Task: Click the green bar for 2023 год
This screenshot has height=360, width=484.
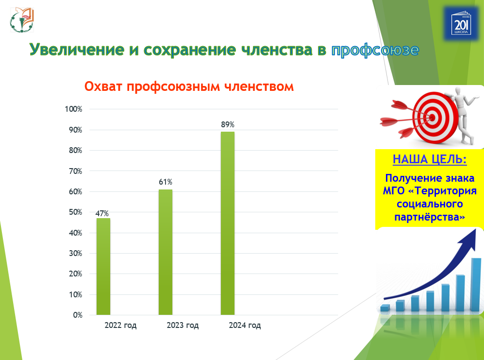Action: click(x=166, y=252)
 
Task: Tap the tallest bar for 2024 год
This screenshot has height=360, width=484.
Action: click(x=228, y=223)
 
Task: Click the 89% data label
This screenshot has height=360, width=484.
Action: click(x=228, y=125)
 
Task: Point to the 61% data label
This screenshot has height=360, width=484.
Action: click(x=166, y=182)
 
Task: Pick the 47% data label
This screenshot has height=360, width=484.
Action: click(x=102, y=213)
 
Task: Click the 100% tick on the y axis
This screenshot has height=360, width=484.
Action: click(x=74, y=109)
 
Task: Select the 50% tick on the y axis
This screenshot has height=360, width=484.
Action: click(x=75, y=212)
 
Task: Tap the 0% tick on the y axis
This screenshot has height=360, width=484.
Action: click(x=77, y=315)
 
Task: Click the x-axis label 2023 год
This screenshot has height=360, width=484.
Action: click(x=183, y=326)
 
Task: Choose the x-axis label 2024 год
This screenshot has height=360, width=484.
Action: click(x=245, y=326)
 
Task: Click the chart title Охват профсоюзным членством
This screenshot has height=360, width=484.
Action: click(x=189, y=87)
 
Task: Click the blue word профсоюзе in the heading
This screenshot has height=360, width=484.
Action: click(x=375, y=50)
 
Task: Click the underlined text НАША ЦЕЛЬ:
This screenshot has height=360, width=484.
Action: click(x=430, y=160)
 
